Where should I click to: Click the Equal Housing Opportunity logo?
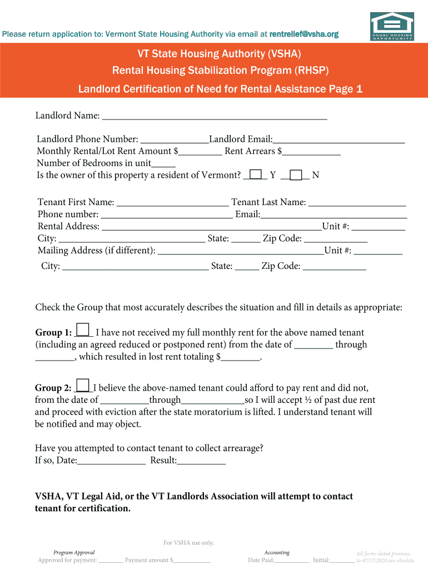(392, 26)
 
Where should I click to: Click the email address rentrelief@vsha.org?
(303, 34)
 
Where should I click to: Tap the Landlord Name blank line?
(215, 116)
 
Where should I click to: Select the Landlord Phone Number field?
(174, 139)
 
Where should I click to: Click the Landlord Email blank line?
(339, 139)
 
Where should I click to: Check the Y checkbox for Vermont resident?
(256, 175)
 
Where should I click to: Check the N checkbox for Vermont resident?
(296, 175)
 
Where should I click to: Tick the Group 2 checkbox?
(82, 385)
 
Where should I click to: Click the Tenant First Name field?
(172, 203)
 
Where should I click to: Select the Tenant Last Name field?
(357, 203)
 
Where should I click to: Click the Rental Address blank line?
(211, 227)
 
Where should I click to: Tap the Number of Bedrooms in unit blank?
(163, 163)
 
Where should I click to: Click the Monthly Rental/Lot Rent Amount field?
(200, 151)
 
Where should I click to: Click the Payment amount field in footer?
(192, 561)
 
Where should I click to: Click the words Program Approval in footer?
(74, 552)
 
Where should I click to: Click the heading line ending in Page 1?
(220, 89)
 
